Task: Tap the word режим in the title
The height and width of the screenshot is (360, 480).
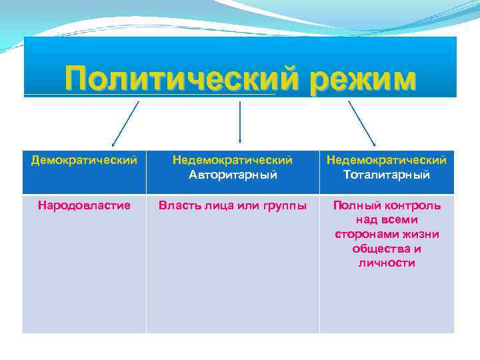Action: (354, 79)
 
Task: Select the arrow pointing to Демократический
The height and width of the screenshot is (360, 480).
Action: (125, 123)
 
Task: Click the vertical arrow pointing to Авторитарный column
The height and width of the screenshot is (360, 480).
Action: (239, 123)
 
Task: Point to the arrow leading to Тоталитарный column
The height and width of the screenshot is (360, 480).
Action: (362, 123)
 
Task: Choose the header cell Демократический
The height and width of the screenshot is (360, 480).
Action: (85, 160)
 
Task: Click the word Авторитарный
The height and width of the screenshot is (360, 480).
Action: (233, 175)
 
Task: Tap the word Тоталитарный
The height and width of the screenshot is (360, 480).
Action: (387, 175)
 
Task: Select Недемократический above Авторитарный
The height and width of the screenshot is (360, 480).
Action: (233, 160)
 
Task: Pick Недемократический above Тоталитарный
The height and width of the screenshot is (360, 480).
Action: (387, 160)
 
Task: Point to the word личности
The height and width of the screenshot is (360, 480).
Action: (387, 263)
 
